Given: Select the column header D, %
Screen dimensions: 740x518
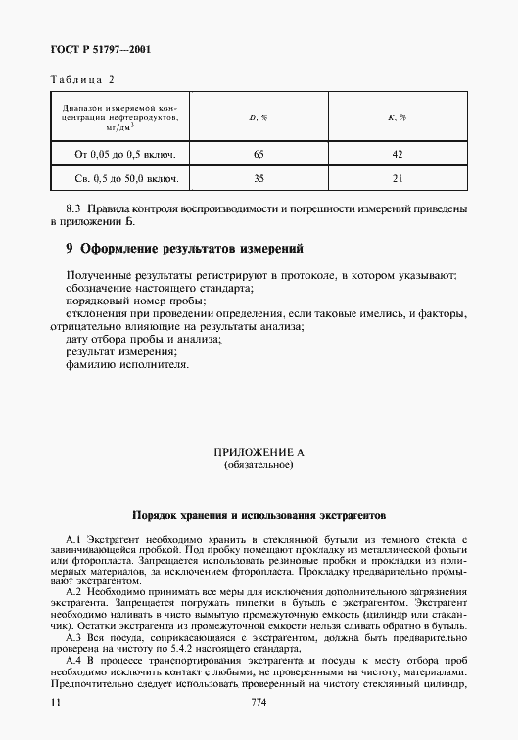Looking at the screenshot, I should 259,117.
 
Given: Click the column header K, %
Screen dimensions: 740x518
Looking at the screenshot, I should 397,117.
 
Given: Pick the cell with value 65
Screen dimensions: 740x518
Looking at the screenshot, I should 259,155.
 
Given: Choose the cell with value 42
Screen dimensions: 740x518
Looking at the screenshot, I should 397,155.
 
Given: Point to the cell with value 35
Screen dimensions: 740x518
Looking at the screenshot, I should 259,179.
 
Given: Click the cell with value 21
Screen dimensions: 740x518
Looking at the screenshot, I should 397,179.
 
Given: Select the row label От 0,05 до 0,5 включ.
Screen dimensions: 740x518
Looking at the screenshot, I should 118,155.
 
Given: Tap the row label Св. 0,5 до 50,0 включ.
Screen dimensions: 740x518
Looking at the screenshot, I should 118,179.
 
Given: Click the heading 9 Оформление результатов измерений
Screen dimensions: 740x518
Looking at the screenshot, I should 183,249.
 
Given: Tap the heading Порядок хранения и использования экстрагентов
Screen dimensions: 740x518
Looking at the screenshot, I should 259,512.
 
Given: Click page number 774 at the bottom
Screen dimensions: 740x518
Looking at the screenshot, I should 259,703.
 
